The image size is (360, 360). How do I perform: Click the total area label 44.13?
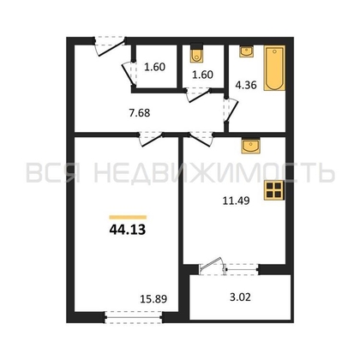128,230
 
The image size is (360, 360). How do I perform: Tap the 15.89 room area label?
153,299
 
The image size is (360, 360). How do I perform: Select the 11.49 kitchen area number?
236,201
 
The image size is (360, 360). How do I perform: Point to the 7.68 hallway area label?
140,113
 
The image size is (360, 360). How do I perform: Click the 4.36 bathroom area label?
246,85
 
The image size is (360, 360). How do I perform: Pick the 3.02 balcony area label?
240,297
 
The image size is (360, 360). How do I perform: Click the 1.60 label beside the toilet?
202,75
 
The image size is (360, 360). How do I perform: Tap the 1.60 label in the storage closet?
154,67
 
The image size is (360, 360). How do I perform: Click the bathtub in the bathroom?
274,68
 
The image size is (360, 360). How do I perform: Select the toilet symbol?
196,55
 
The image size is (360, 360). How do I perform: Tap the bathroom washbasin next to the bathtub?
246,51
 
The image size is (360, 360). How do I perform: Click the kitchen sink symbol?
250,147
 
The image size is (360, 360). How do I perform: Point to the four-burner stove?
274,190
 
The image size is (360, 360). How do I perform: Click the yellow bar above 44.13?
128,217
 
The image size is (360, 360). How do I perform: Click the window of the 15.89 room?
134,317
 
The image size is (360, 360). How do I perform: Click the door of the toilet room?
198,95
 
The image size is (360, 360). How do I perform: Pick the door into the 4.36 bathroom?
231,110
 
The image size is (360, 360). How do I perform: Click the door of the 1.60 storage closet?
129,74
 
